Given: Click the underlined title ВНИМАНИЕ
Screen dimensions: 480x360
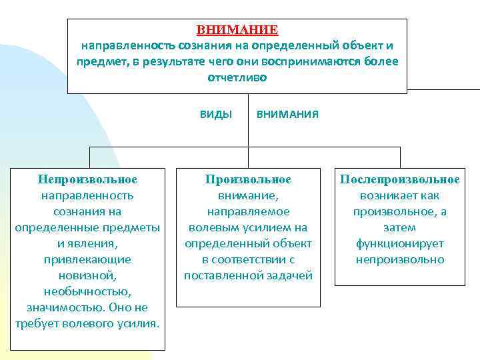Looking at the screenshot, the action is (237, 31).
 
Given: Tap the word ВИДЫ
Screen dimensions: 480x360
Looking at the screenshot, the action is (216, 114).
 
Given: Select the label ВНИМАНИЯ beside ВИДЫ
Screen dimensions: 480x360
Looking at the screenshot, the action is (287, 114).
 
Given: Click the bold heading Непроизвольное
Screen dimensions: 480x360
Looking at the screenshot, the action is (87, 179).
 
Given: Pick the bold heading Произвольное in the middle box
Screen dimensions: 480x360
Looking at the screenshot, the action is (249, 179).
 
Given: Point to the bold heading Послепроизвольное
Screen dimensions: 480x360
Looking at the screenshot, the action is (400, 179).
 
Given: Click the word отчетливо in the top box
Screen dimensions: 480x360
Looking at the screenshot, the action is (237, 78).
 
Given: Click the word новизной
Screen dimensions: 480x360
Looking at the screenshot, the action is (87, 275).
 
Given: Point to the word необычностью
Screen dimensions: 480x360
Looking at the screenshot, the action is (87, 291).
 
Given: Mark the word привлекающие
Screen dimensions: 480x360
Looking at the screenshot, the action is (87, 259).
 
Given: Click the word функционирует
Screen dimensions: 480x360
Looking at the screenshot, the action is (400, 243).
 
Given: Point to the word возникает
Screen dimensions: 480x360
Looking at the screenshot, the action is (382, 195).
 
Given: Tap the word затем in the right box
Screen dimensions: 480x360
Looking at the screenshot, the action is (400, 227).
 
